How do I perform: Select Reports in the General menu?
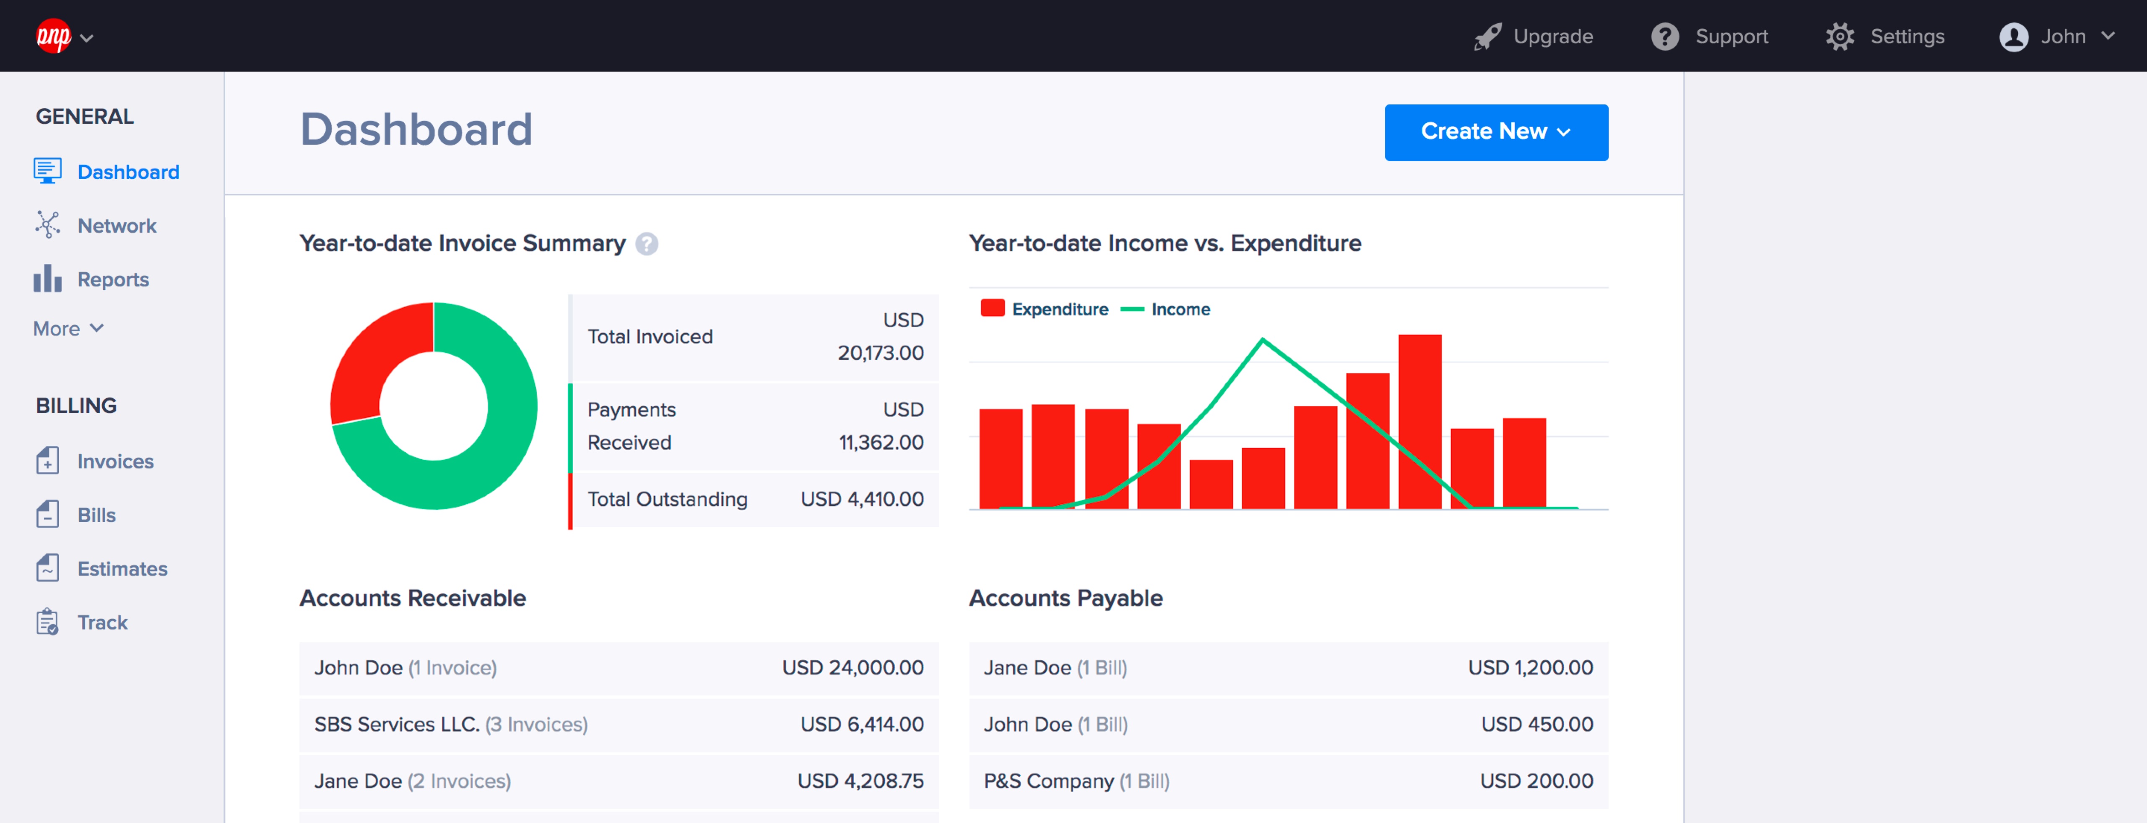(x=112, y=279)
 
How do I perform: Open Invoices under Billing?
(x=115, y=461)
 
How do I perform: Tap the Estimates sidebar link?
(x=122, y=569)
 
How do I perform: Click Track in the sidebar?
(x=101, y=623)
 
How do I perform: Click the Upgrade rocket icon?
(x=1487, y=36)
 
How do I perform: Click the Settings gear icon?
(x=1840, y=36)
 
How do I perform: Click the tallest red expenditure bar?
(x=1419, y=421)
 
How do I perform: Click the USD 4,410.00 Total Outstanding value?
(x=862, y=500)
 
